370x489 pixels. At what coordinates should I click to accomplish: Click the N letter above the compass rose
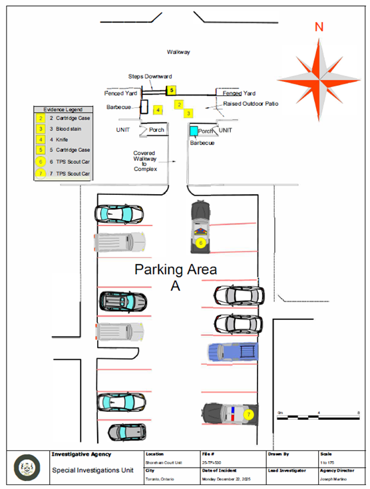[x=319, y=27]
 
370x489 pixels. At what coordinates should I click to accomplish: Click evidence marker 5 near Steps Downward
[x=171, y=89]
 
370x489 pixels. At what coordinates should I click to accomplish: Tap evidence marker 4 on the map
[x=158, y=109]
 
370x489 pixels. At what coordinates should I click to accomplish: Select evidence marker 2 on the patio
[x=179, y=104]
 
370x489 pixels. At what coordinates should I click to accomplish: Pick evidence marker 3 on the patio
[x=188, y=114]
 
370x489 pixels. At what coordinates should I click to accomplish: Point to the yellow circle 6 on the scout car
[x=200, y=244]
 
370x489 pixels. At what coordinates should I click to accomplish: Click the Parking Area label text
[x=176, y=269]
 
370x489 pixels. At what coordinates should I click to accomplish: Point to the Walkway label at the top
[x=178, y=51]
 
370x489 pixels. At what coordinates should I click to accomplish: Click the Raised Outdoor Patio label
[x=251, y=104]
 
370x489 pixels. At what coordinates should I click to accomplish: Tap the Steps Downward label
[x=150, y=77]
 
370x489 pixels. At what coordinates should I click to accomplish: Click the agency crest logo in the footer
[x=27, y=466]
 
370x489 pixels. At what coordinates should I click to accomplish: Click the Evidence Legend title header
[x=63, y=108]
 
